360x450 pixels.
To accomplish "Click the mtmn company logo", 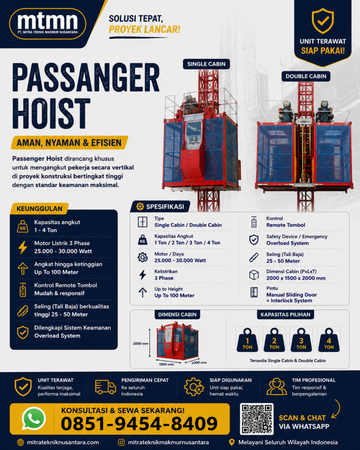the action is [x=47, y=24].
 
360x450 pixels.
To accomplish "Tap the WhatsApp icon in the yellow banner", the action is [x=34, y=418].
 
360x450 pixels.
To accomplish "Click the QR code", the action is [x=257, y=419].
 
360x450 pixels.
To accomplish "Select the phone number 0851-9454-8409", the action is [x=139, y=424].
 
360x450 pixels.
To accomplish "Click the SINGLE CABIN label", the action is [x=207, y=64].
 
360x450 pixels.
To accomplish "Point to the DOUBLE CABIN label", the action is [x=306, y=76].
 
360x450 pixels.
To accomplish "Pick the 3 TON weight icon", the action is [x=301, y=340].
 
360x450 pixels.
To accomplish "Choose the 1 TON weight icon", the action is [x=247, y=340].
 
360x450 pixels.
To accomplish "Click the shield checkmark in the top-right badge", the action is [x=323, y=21].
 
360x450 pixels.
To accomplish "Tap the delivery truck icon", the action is [x=105, y=387].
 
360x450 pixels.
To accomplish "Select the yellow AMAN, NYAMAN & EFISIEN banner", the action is [x=69, y=143].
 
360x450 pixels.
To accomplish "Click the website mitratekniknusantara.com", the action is [x=63, y=442].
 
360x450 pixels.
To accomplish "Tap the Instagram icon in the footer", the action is [x=121, y=442].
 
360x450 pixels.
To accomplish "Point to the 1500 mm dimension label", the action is [x=167, y=364].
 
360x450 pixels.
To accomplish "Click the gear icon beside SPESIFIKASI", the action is [x=140, y=207].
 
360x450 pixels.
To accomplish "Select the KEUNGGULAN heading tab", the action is [x=39, y=209].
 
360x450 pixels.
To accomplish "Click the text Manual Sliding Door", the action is [x=291, y=295].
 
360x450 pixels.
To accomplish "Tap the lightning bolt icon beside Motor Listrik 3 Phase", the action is [x=23, y=247].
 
